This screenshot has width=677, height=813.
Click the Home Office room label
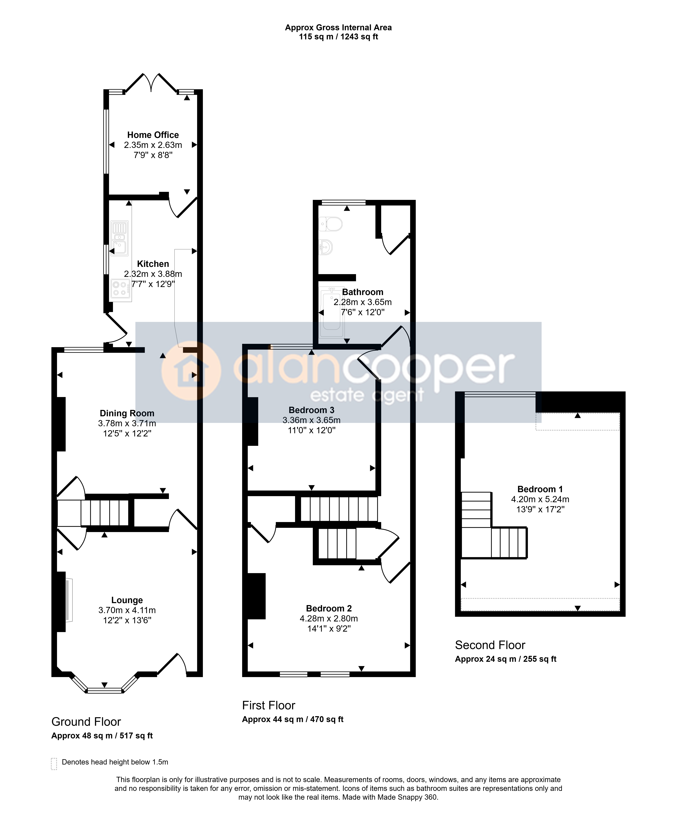(x=153, y=135)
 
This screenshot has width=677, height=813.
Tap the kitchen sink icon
(x=119, y=238)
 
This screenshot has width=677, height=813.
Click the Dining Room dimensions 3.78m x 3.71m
(x=127, y=424)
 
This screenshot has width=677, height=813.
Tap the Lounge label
(x=127, y=600)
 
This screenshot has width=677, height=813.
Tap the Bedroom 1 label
(x=540, y=489)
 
